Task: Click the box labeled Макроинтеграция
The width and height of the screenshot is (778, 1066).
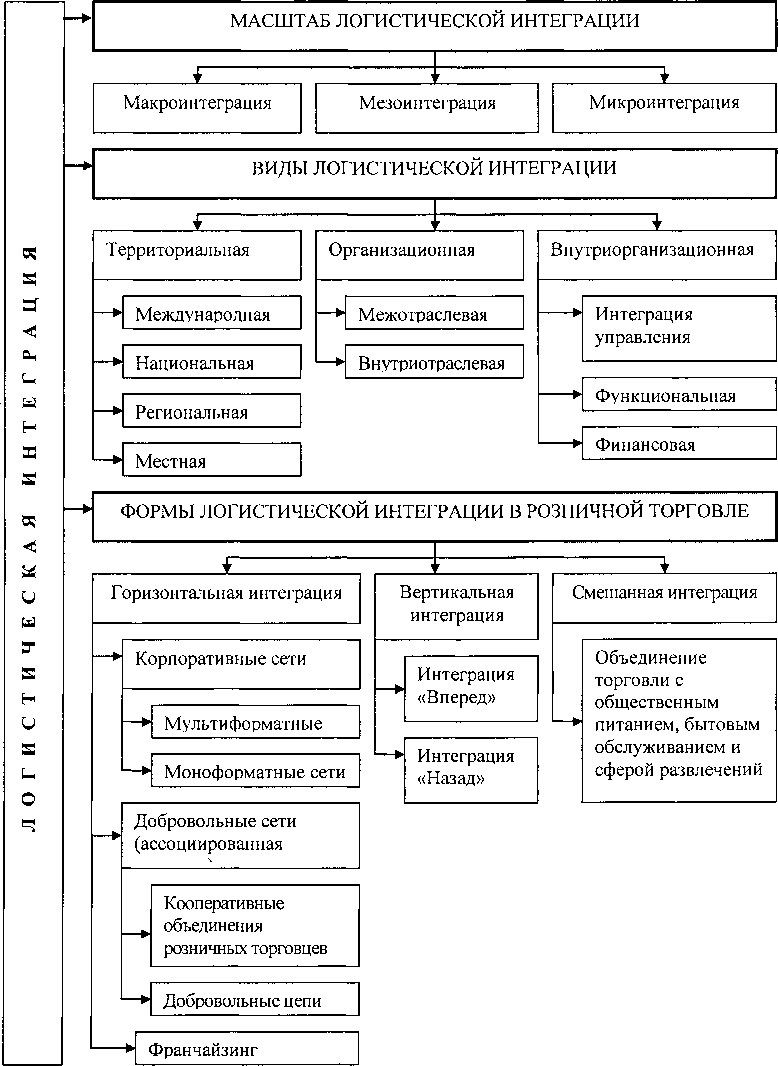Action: point(197,104)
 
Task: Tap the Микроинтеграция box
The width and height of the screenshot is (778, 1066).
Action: point(664,104)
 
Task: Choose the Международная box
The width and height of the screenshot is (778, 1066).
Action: point(211,314)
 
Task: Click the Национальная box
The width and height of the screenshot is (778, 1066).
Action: point(211,363)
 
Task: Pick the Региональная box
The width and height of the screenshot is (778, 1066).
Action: point(211,411)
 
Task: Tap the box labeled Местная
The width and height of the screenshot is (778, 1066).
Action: point(211,460)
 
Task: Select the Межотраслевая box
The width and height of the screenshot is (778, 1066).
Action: point(433,315)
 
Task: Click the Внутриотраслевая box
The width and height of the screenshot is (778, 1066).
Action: point(433,363)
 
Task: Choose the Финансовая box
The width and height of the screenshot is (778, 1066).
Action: point(679,444)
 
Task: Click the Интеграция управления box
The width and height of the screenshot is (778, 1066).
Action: point(679,326)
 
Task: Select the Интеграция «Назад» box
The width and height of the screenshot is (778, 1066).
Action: point(469,768)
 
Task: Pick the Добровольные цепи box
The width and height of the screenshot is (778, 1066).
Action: point(254,999)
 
